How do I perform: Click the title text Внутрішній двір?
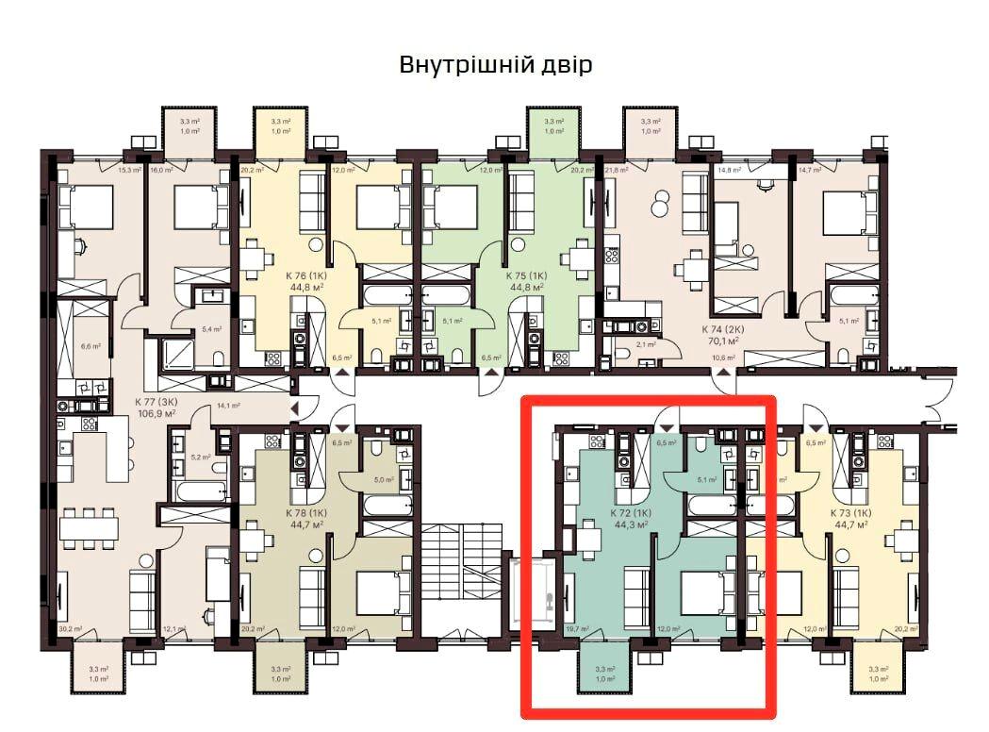pyautogui.click(x=496, y=65)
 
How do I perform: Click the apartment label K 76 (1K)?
pyautogui.click(x=305, y=276)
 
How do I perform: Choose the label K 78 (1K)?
pyautogui.click(x=305, y=513)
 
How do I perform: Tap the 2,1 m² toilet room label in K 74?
pyautogui.click(x=648, y=346)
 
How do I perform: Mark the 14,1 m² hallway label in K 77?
pyautogui.click(x=229, y=406)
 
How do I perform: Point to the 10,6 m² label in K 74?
pyautogui.click(x=724, y=358)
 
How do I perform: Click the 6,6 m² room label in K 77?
pyautogui.click(x=91, y=347)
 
